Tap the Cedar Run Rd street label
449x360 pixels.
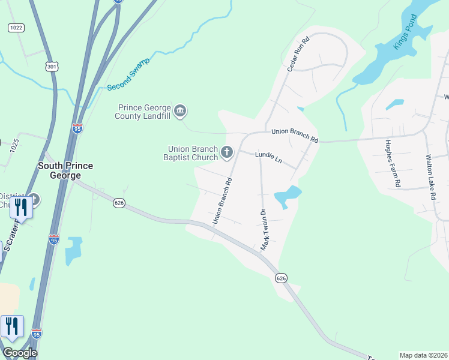pyautogui.click(x=298, y=54)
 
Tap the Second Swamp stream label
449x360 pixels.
pyautogui.click(x=127, y=75)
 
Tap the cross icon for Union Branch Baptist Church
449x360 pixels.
pyautogui.click(x=227, y=152)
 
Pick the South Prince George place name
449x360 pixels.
pyautogui.click(x=65, y=170)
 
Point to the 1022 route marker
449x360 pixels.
pyautogui.click(x=16, y=28)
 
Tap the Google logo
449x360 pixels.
pyautogui.click(x=20, y=353)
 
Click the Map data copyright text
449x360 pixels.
pyautogui.click(x=424, y=355)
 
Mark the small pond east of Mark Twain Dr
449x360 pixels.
pyautogui.click(x=287, y=197)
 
